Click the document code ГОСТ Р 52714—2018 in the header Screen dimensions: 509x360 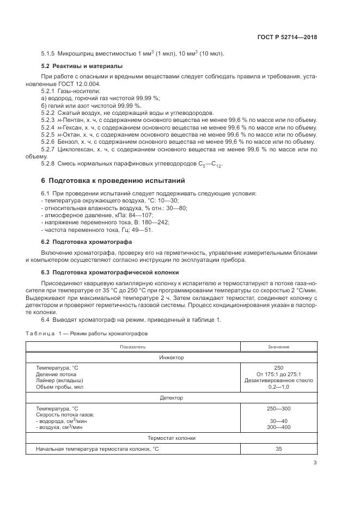[x=286, y=38]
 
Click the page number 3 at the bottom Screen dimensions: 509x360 [x=315, y=463]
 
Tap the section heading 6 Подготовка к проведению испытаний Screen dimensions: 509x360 [x=113, y=180]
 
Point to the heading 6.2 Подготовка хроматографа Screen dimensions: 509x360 [x=79, y=241]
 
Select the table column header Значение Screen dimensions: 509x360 [x=278, y=347]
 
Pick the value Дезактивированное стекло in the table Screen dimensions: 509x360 [x=278, y=380]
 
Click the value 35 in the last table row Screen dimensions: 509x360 [x=278, y=449]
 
